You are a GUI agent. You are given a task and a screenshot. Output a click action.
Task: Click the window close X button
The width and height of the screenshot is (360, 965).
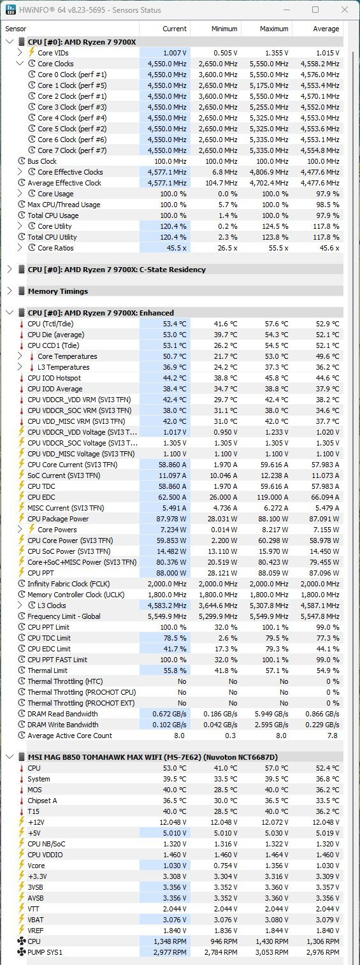[345, 10]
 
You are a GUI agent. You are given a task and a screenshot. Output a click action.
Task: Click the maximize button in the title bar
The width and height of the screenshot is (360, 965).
[315, 10]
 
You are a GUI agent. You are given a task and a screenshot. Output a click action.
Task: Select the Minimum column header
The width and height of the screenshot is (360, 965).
[224, 29]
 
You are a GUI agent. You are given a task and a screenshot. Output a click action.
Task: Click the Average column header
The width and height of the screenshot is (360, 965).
[326, 29]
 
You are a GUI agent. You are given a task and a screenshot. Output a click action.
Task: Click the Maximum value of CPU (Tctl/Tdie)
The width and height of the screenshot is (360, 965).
[276, 324]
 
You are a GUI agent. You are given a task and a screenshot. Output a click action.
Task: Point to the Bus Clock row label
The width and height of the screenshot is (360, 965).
[42, 161]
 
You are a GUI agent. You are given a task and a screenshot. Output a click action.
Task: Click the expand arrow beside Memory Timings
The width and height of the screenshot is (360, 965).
[10, 291]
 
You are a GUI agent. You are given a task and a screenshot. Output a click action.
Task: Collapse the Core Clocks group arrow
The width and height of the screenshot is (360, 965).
[19, 63]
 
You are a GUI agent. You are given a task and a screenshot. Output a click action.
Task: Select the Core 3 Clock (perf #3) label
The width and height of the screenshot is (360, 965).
[72, 107]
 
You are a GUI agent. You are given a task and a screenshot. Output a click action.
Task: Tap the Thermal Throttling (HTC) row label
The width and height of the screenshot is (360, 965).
[65, 681]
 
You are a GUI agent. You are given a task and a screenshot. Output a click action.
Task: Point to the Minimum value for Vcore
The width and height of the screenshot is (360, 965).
[226, 866]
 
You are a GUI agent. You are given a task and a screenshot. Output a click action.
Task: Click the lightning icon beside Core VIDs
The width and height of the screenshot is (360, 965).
[31, 52]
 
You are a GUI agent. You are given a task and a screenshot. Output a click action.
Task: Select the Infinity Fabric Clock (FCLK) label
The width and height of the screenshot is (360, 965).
[68, 584]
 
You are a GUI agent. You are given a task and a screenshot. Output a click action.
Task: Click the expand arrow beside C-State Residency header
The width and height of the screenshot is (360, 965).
[10, 269]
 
